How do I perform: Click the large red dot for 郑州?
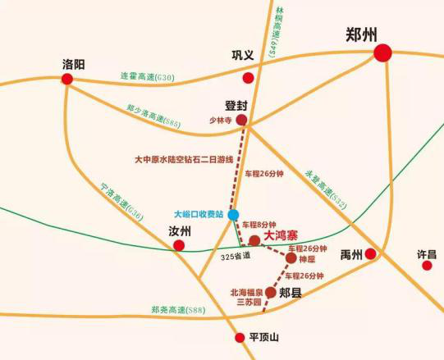click(382, 53)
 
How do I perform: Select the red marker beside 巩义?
click(248, 78)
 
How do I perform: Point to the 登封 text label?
click(236, 105)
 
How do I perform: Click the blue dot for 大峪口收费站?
click(233, 215)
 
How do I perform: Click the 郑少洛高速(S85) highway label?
click(153, 115)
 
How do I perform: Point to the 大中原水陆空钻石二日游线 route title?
click(183, 161)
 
